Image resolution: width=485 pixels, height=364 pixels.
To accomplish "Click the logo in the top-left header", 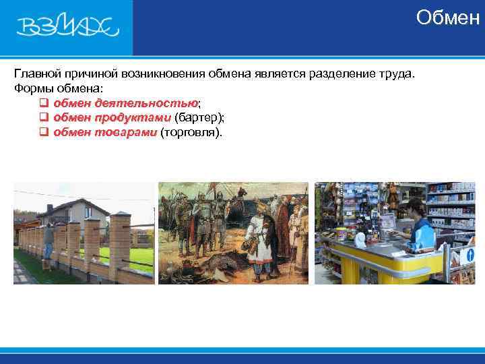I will pyautogui.click(x=67, y=26).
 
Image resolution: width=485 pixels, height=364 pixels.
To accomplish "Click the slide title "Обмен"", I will pyautogui.click(x=447, y=18).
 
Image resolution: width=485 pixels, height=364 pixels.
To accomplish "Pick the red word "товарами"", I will pyautogui.click(x=125, y=133).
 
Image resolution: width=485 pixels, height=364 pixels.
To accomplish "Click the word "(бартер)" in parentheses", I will pyautogui.click(x=199, y=118).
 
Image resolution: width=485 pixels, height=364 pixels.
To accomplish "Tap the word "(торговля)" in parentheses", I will pyautogui.click(x=190, y=133).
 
